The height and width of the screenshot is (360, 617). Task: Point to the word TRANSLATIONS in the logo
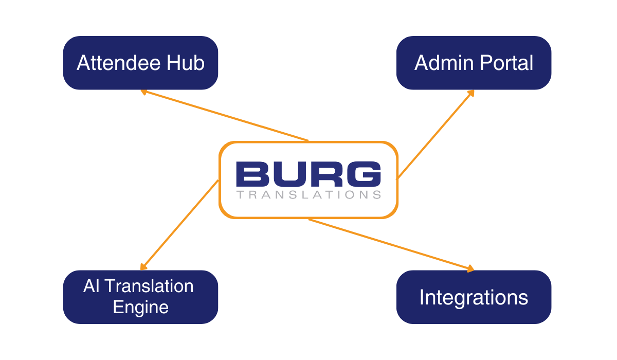click(308, 195)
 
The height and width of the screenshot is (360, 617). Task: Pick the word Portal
click(506, 63)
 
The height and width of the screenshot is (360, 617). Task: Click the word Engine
click(140, 307)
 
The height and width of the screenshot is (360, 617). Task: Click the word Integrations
click(474, 297)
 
